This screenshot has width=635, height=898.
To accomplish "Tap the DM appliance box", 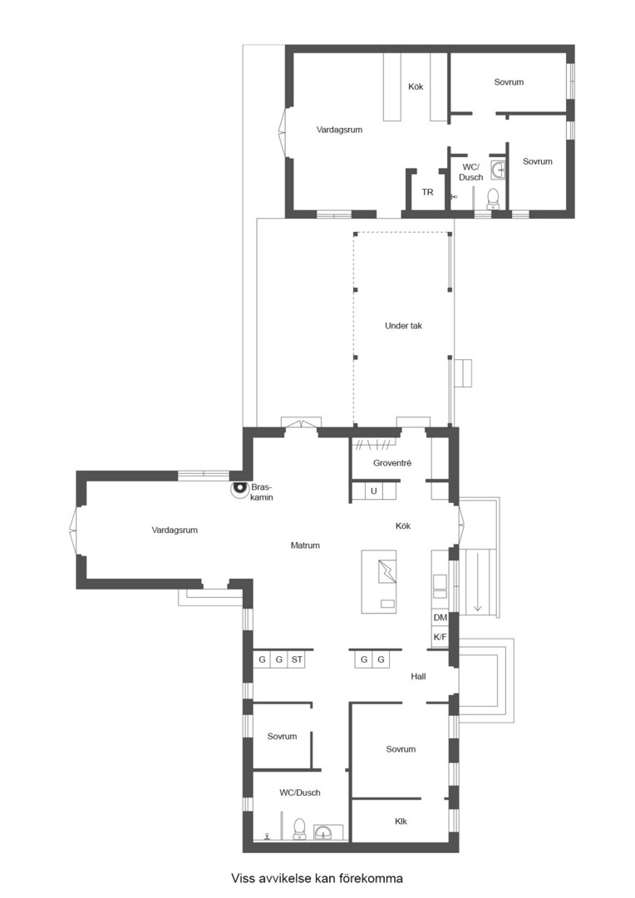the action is point(440,618).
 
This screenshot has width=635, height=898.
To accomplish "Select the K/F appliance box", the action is point(440,637).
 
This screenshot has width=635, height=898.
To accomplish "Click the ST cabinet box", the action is point(297,659).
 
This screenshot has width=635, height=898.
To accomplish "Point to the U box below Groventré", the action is point(374,491).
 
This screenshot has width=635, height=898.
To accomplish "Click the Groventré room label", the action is point(392,463).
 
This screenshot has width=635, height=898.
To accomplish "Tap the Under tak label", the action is point(403,326).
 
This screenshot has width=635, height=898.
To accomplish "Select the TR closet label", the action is point(428,192).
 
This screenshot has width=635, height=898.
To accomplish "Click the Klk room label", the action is point(401,822).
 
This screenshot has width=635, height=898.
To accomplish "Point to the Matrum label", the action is point(305,545).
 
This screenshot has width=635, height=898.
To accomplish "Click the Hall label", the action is point(419,676).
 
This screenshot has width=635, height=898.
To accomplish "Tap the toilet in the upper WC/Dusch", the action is point(493,200).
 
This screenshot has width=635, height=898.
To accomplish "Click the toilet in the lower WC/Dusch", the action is point(299,829).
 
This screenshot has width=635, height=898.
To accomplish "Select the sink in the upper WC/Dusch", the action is point(498,170).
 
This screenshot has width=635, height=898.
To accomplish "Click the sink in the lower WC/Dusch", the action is point(325,832).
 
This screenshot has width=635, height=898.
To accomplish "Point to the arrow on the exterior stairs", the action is point(478,598).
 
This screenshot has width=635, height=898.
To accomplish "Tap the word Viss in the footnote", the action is point(243,878).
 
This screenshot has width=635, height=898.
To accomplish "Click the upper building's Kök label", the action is point(416,86).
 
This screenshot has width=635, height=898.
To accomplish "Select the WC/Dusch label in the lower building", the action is point(300,792).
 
